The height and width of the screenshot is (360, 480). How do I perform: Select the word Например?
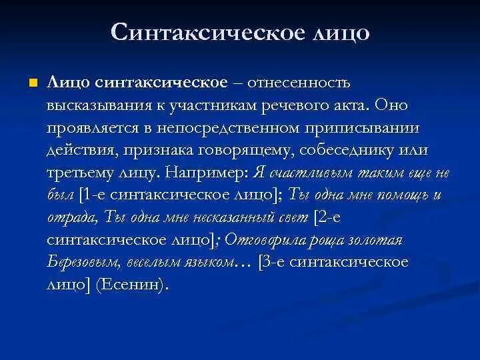pos(206,173)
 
